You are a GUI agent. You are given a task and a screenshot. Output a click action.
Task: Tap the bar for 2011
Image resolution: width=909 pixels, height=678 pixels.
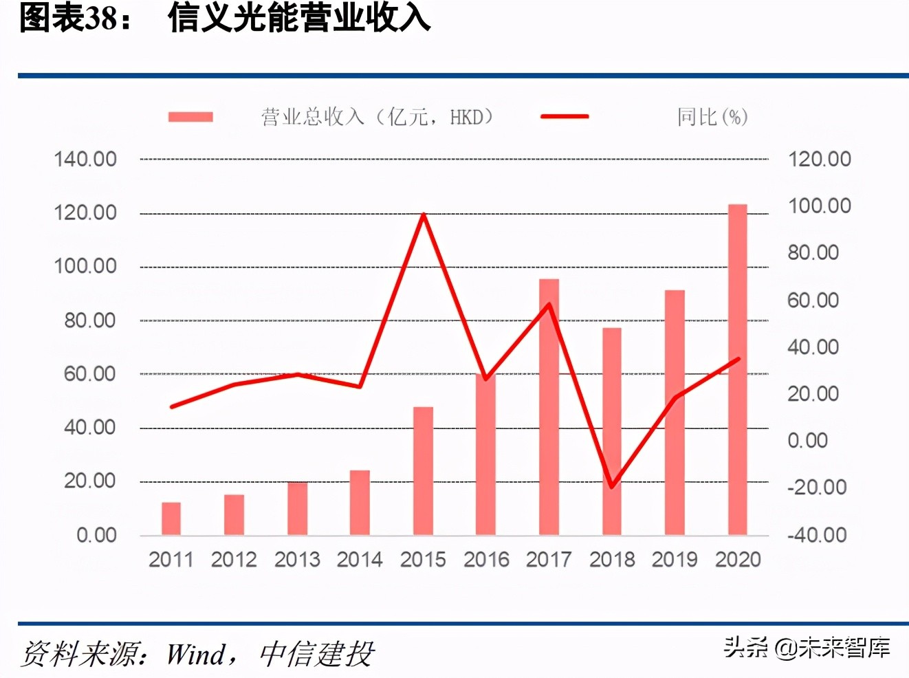(171, 518)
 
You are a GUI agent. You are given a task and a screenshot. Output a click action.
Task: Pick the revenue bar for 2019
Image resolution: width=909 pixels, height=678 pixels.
(675, 413)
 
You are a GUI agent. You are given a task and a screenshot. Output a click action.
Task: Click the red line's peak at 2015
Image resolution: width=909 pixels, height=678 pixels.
(424, 215)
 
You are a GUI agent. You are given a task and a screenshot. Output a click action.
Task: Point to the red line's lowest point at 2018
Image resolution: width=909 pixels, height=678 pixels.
(611, 487)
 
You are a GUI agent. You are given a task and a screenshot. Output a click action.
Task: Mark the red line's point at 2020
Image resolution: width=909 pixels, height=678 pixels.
(738, 359)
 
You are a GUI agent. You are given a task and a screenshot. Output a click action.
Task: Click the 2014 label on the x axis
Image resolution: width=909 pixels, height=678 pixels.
(360, 559)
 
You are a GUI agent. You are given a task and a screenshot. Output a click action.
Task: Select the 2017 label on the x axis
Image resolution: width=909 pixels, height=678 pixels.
(549, 559)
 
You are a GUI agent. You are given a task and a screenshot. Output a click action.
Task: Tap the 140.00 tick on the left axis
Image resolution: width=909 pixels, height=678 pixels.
(85, 160)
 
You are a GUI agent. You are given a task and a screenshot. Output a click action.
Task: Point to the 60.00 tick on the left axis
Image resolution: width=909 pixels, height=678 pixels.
(90, 374)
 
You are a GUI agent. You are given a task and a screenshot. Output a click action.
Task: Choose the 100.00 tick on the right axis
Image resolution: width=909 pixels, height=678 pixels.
(820, 206)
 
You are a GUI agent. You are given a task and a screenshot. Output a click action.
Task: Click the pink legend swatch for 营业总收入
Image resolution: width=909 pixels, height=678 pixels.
(190, 117)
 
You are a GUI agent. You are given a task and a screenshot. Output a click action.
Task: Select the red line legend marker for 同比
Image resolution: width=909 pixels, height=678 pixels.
(565, 117)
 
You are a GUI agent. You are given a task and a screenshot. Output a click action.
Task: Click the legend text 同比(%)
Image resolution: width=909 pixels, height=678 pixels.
(712, 117)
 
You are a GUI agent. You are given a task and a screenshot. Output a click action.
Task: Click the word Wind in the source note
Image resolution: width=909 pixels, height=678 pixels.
(196, 654)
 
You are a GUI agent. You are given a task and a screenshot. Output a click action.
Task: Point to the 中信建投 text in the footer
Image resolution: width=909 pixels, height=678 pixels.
(317, 654)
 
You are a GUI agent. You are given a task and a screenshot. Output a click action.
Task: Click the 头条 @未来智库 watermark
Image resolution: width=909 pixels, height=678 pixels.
(807, 647)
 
